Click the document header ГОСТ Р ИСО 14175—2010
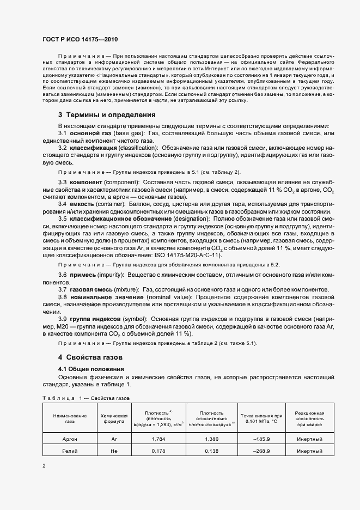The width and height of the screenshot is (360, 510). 80,40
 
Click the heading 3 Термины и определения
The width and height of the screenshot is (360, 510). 107,115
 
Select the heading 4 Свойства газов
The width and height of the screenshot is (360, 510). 90,357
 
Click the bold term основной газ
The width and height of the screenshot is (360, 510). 90,134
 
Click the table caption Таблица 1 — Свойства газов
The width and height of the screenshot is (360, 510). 86,398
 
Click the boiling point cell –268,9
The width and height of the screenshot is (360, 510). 262,452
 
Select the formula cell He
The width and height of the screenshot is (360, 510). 114,452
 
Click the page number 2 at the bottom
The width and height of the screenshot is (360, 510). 44,466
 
